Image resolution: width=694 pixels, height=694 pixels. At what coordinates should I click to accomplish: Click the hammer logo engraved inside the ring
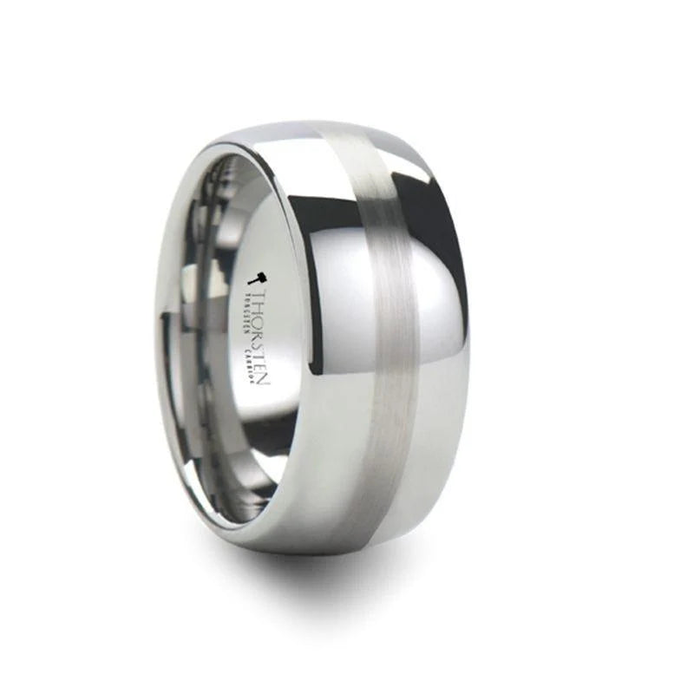tap(258, 279)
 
